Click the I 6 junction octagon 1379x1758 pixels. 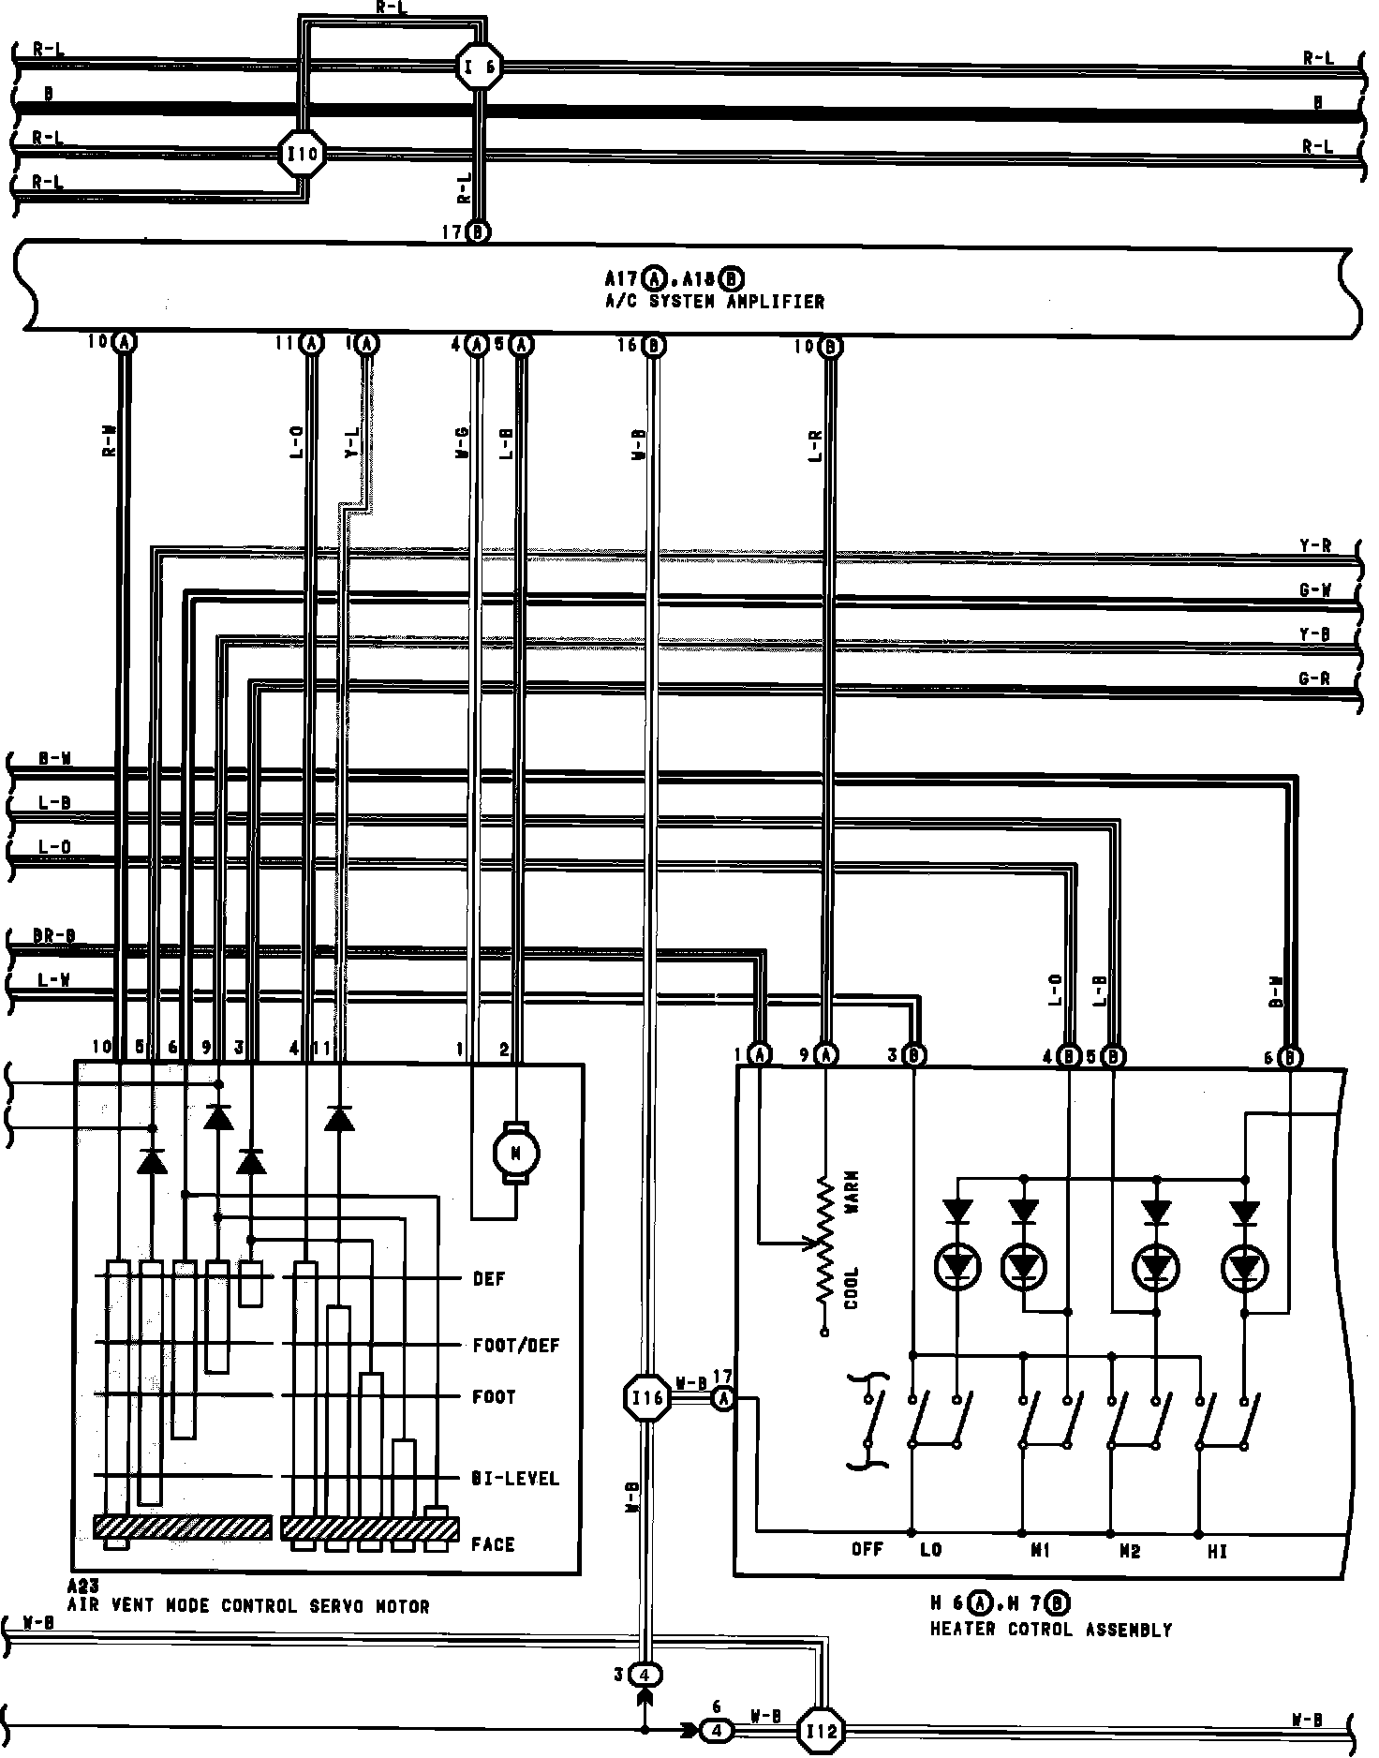point(480,67)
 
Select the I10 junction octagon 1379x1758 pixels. point(304,153)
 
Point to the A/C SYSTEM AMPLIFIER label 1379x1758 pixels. point(715,302)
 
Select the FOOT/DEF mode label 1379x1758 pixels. point(516,1346)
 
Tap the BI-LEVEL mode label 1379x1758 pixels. point(515,1478)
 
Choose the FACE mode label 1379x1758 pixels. point(493,1543)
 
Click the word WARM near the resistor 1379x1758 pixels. point(852,1193)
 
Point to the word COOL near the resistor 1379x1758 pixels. point(852,1287)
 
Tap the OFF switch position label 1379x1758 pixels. point(867,1550)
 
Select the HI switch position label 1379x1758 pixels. point(1217,1552)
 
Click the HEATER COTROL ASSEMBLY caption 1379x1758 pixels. point(1050,1630)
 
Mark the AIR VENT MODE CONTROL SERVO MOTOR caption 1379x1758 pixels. point(248,1606)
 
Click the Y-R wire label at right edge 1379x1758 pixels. point(1315,546)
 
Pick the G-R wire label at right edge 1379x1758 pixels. point(1315,678)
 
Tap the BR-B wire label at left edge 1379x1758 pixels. point(55,936)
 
